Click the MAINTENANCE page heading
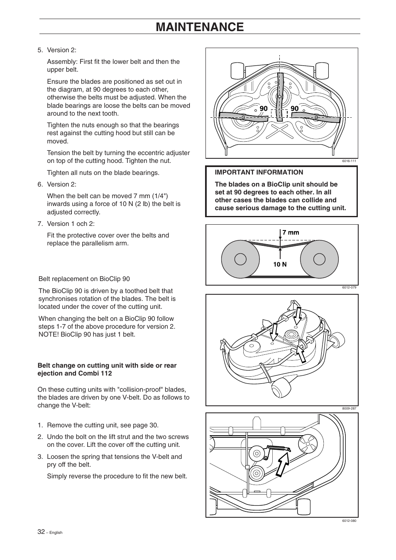[200, 27]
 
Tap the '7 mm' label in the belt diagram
[291, 233]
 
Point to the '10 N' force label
[280, 264]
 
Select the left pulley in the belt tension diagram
[240, 259]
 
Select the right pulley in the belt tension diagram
[319, 259]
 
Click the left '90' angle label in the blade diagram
[264, 109]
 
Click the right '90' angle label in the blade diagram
[295, 109]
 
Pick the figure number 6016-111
[349, 161]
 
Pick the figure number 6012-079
[349, 287]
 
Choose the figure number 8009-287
[349, 408]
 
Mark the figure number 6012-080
[349, 521]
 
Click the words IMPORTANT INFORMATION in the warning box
[259, 172]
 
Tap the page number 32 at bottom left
[41, 532]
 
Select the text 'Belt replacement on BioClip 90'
[84, 279]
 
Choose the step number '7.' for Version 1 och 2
[40, 224]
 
